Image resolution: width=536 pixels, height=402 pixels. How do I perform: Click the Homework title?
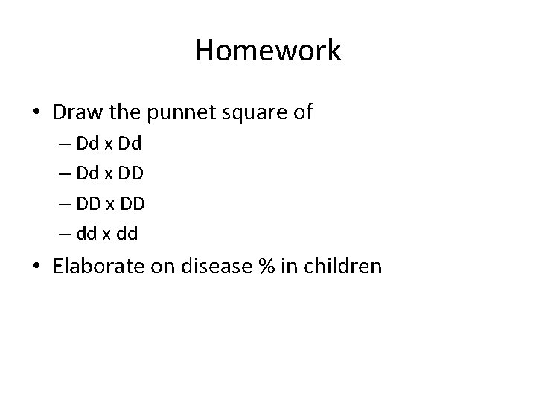(x=268, y=51)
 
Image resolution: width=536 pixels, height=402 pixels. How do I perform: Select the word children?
(x=348, y=266)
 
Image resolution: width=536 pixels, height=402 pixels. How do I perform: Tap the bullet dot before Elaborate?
(x=36, y=267)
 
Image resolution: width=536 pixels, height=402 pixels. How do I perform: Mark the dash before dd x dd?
(x=63, y=234)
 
